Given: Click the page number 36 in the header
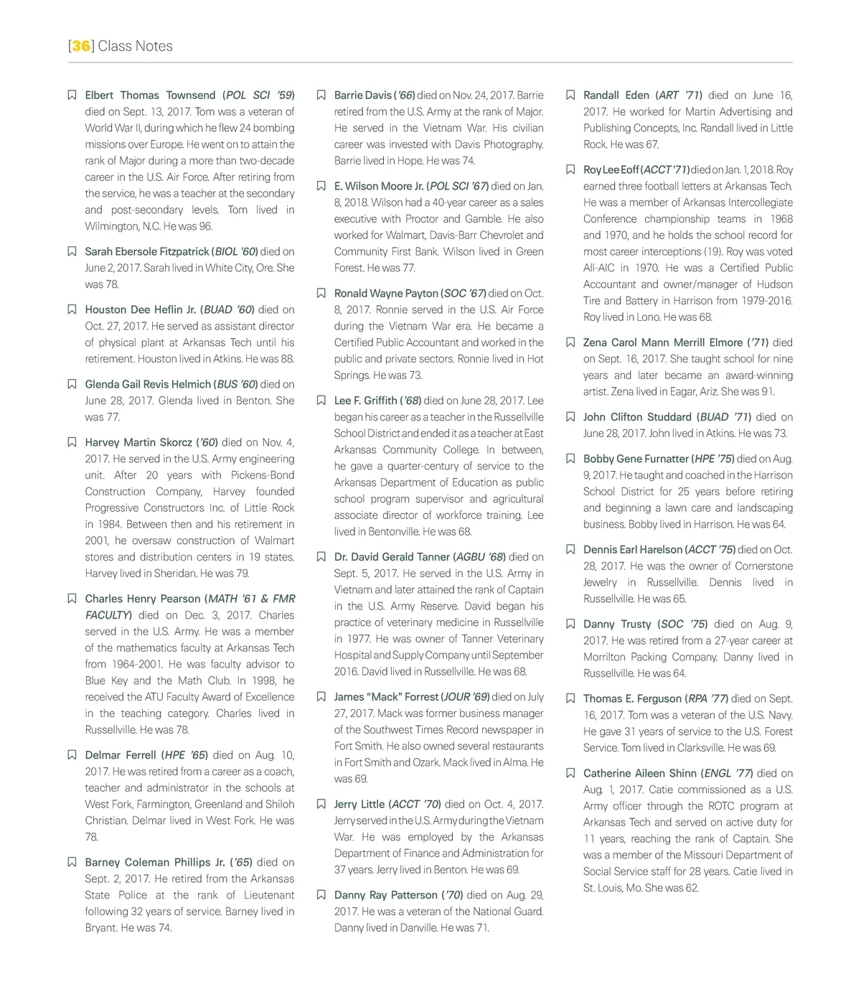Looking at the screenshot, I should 81,46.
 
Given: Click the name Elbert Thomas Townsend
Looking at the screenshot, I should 150,95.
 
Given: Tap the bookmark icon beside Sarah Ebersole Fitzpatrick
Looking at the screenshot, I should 72,252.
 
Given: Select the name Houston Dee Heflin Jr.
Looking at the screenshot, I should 140,310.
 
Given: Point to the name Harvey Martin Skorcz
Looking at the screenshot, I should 138,443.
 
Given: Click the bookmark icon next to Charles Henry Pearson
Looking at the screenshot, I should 72,599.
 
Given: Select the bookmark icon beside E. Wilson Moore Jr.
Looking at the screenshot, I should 321,187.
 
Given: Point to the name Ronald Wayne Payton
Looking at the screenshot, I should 386,294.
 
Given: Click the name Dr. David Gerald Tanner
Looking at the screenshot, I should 392,557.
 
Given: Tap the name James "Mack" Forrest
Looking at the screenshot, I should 386,697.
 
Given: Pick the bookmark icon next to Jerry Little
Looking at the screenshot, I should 321,805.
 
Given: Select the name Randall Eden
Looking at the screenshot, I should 616,95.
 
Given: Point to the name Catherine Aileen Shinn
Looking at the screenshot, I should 640,774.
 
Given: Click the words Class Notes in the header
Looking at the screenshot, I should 136,46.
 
